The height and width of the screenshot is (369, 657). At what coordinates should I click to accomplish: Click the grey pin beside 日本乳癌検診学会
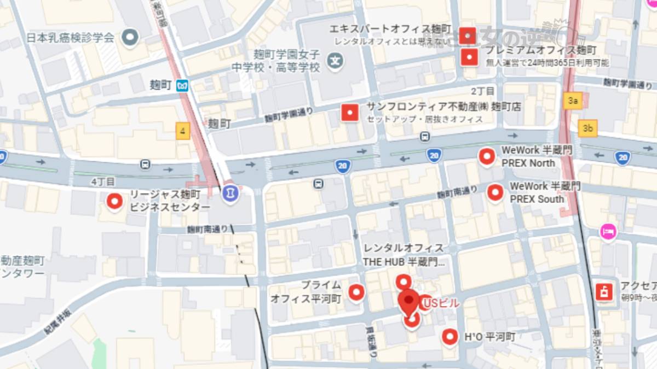(130, 38)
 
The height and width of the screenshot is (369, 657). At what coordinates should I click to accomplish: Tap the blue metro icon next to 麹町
(182, 85)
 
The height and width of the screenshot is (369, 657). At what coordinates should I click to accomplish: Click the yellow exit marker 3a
(573, 101)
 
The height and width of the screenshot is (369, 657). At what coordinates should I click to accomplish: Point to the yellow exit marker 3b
(588, 128)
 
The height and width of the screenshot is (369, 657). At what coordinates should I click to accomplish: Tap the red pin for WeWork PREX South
(495, 192)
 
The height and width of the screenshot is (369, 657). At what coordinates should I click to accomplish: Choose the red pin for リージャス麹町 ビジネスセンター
(114, 202)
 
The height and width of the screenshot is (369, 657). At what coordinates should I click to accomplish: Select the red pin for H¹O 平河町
(450, 337)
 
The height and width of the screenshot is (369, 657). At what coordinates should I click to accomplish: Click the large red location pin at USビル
(408, 302)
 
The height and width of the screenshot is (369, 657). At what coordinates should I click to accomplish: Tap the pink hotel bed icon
(607, 232)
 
